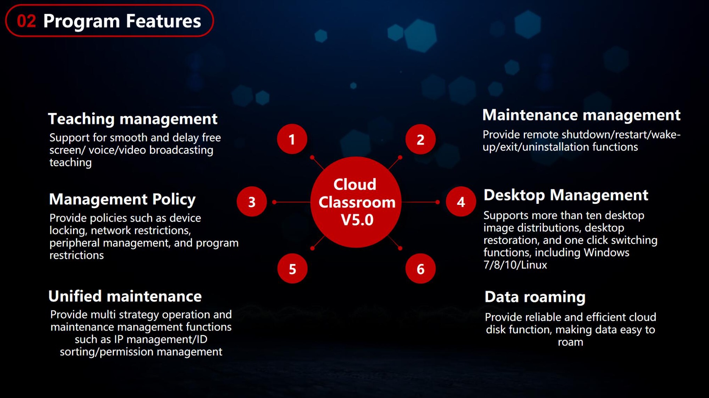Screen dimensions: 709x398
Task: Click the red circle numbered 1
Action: tap(292, 139)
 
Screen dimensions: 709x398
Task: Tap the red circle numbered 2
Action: tap(420, 139)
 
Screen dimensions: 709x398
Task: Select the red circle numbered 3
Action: tap(252, 202)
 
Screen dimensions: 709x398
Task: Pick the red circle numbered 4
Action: tap(461, 202)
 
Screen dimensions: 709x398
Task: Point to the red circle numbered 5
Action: tap(292, 269)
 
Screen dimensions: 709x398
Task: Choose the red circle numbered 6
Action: tap(420, 269)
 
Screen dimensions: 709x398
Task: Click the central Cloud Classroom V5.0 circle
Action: tap(356, 202)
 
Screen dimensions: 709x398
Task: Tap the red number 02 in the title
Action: tap(27, 21)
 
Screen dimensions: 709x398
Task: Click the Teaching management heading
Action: tap(133, 119)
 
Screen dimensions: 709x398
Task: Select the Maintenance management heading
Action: tap(581, 115)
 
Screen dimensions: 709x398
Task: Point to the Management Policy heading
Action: tap(122, 199)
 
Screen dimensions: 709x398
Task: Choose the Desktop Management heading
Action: tap(566, 195)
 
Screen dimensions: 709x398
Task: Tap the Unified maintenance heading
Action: tap(125, 296)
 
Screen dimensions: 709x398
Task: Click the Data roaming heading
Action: tap(535, 297)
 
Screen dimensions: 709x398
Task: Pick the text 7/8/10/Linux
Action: tap(515, 265)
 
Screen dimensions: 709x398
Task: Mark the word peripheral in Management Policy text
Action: tap(75, 243)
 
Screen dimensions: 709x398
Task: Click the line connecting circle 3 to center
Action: tap(292, 202)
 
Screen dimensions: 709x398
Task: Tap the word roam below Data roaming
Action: tap(570, 342)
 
